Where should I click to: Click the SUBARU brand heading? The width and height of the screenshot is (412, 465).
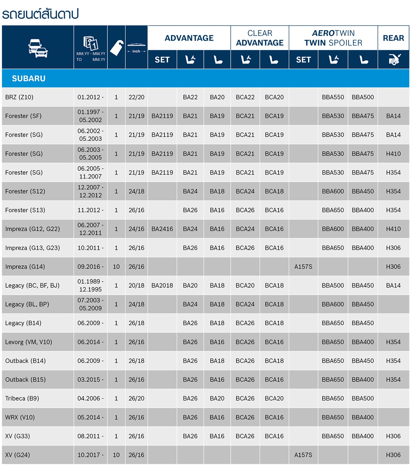coord(29,78)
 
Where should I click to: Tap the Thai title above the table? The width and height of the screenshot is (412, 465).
coord(40,14)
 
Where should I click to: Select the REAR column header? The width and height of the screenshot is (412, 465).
coord(393,38)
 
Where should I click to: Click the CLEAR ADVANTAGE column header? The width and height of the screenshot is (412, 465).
coord(260,38)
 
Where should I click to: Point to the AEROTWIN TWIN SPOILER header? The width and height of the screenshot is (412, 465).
coord(333,38)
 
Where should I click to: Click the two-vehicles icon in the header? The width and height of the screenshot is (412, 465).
coord(38,48)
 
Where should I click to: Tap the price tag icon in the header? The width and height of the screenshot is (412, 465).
coord(116,48)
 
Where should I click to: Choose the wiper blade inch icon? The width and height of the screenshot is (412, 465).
coord(136,48)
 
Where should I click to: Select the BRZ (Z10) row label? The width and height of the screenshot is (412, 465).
coord(19,97)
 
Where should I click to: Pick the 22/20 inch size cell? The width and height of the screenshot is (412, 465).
coord(136,97)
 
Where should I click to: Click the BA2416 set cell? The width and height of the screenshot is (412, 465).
coord(162,229)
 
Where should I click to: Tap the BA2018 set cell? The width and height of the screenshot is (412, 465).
coord(162,285)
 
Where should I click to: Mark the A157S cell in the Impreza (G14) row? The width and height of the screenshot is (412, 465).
coord(303,266)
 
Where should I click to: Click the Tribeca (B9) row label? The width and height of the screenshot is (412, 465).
coord(22,398)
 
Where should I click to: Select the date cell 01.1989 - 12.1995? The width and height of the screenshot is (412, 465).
coord(90,285)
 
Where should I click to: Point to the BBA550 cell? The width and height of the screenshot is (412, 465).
coord(333,97)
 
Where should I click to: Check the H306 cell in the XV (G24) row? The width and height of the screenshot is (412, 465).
coord(393,455)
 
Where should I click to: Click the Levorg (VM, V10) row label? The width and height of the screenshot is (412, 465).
coord(29,342)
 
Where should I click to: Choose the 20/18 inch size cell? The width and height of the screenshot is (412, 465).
coord(136,285)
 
